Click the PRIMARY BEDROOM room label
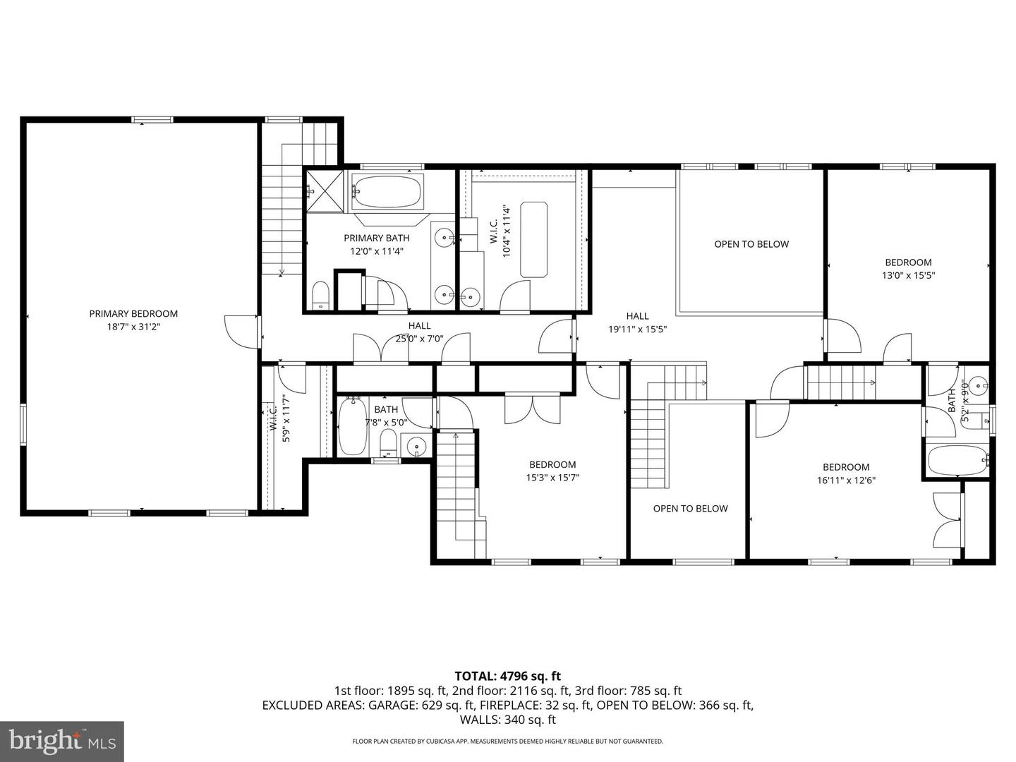click(133, 314)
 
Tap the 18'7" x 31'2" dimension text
click(133, 327)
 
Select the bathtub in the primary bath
click(387, 190)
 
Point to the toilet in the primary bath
click(320, 296)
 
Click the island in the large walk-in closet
click(533, 239)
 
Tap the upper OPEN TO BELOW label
click(751, 244)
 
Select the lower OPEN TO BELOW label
click(690, 509)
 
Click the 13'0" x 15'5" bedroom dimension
click(908, 276)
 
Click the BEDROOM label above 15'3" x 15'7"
click(552, 464)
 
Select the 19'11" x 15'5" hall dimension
click(637, 329)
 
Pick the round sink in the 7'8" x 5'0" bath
click(416, 447)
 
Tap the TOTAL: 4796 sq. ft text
click(507, 676)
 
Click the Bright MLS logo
click(62, 741)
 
